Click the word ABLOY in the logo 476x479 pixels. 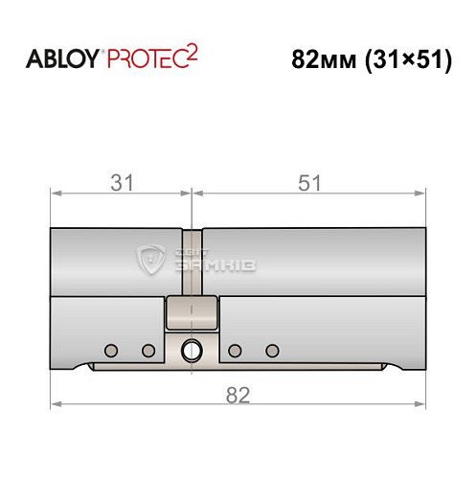pyautogui.click(x=62, y=59)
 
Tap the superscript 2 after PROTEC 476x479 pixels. pyautogui.click(x=193, y=54)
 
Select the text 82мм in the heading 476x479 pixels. pyautogui.click(x=324, y=60)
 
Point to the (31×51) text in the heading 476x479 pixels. pyautogui.click(x=409, y=60)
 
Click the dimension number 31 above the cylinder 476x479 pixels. pyautogui.click(x=122, y=183)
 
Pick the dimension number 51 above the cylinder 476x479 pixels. pyautogui.click(x=309, y=183)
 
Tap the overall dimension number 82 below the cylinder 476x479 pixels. pyautogui.click(x=238, y=396)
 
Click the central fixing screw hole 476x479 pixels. pyautogui.click(x=192, y=351)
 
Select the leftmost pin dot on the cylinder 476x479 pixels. pyautogui.click(x=111, y=351)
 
